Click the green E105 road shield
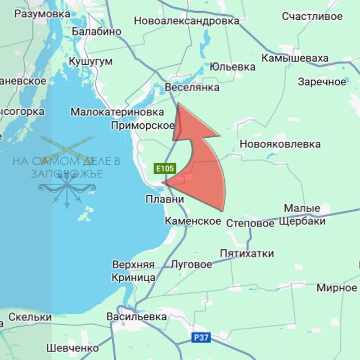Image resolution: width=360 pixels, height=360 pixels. [x=164, y=169]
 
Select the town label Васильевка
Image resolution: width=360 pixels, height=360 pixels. [x=136, y=317]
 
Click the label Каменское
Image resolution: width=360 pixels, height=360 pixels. [x=193, y=221]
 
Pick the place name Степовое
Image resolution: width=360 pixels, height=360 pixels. [x=250, y=223]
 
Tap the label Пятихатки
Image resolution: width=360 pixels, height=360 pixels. [x=247, y=253]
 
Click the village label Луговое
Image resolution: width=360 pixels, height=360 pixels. [x=191, y=264]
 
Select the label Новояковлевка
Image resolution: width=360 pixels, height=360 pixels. [x=280, y=144]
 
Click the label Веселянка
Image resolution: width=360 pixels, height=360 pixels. [x=192, y=87]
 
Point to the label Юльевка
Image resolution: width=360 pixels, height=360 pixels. [x=232, y=67]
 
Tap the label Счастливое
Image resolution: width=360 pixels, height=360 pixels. [x=312, y=16]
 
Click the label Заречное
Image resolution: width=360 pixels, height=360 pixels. [x=322, y=82]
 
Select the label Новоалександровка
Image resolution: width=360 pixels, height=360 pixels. [x=187, y=21]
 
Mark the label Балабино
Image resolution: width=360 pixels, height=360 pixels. [x=96, y=31]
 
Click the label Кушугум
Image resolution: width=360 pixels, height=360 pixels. [x=90, y=62]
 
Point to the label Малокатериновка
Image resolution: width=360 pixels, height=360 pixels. [x=117, y=112]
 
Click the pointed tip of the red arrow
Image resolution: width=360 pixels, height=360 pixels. [x=179, y=103]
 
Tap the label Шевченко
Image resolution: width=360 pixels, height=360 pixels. [x=72, y=348]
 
